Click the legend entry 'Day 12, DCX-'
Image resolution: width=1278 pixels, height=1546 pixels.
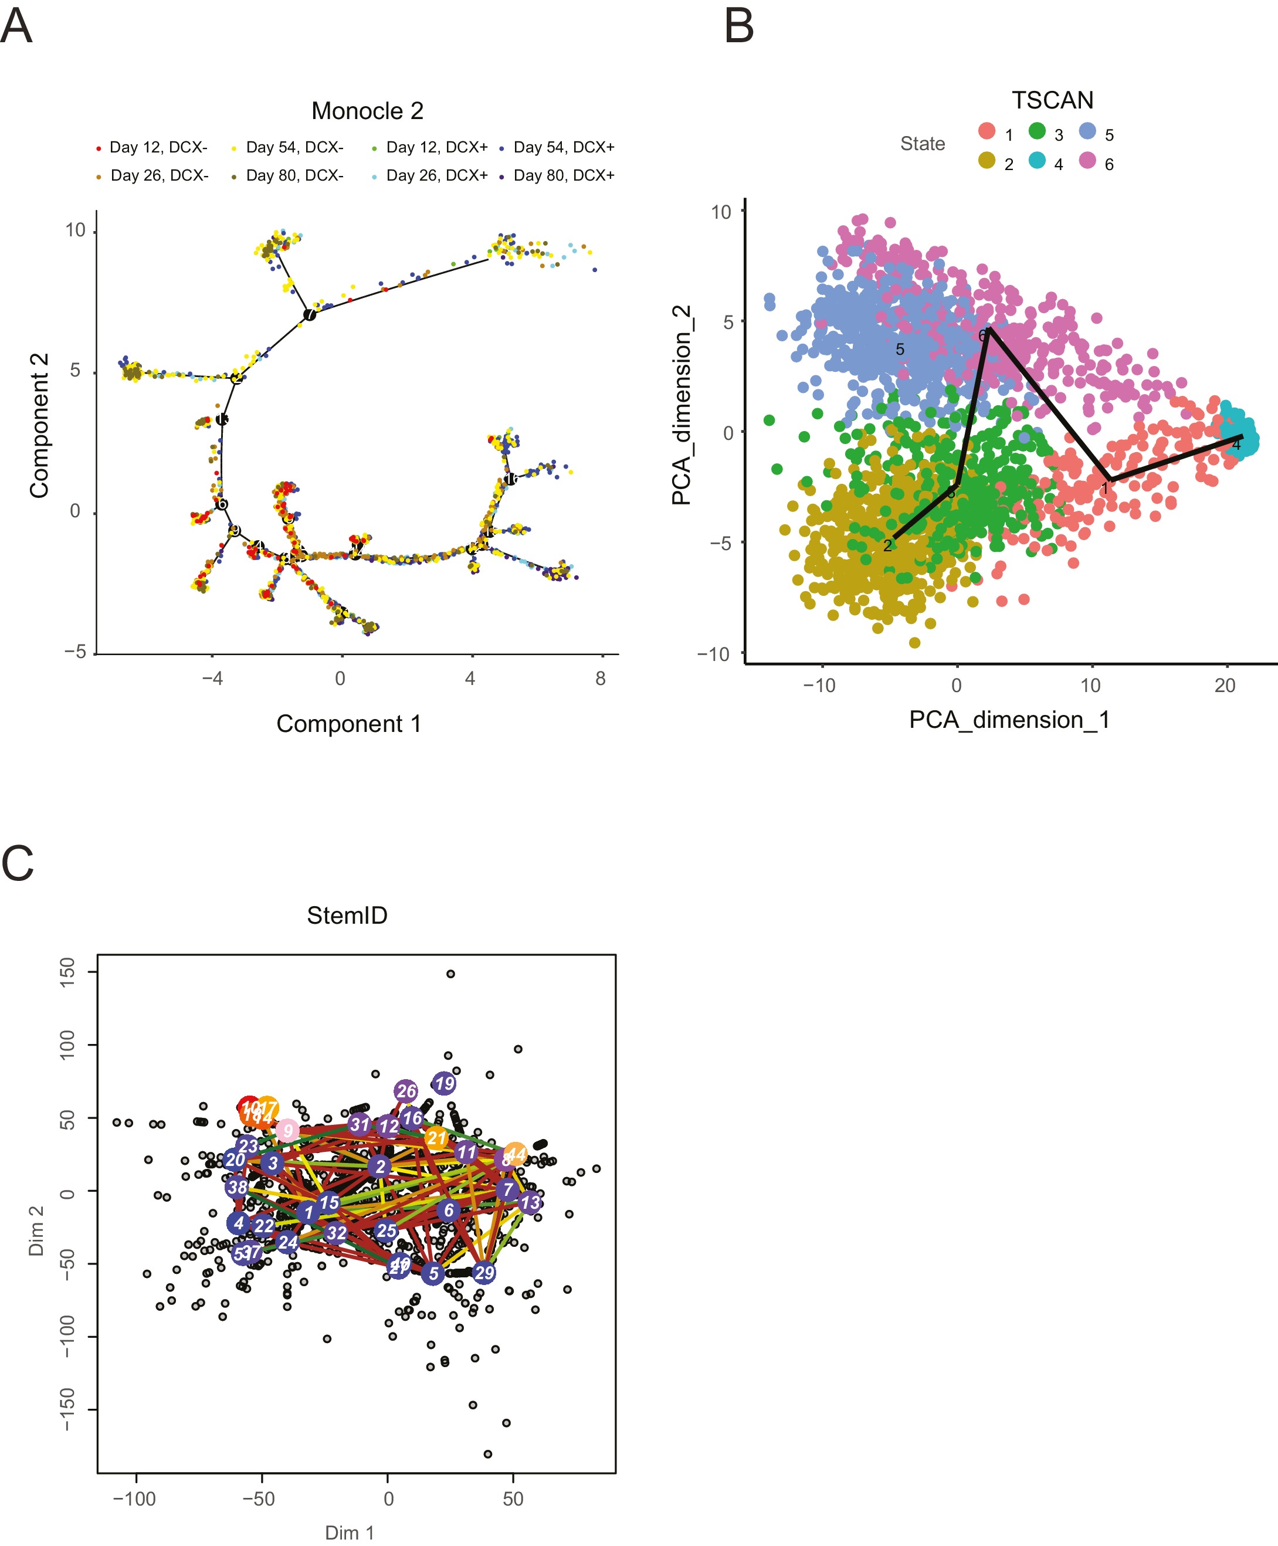[158, 147]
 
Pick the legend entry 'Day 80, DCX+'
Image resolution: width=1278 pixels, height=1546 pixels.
[563, 175]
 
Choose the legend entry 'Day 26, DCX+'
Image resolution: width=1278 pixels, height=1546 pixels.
[436, 175]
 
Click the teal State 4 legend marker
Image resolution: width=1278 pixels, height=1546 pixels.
[1038, 161]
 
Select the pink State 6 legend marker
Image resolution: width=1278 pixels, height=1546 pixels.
[1087, 161]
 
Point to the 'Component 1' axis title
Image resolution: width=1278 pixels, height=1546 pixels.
[348, 724]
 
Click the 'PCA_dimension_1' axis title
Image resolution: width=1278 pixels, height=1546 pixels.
[1009, 719]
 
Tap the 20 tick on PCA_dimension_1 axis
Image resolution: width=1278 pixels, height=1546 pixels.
[1224, 686]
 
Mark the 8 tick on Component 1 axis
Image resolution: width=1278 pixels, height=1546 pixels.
[601, 678]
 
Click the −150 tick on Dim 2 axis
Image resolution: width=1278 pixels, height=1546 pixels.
[67, 1409]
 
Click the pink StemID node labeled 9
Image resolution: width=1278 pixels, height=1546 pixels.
[287, 1130]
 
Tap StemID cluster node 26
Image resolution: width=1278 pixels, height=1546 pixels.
[406, 1091]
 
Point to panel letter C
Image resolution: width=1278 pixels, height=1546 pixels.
[18, 863]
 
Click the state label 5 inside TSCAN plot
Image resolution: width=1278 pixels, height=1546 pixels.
[900, 349]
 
